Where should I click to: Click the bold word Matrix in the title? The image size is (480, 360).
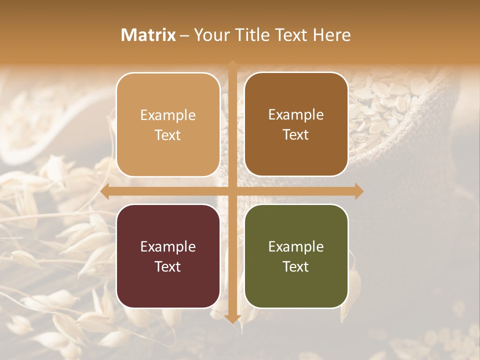click(x=148, y=35)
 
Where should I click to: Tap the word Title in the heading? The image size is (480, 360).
click(x=252, y=35)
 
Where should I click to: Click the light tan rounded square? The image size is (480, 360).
click(x=168, y=124)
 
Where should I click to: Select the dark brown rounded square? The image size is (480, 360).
click(x=296, y=124)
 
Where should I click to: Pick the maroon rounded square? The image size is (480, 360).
click(x=168, y=256)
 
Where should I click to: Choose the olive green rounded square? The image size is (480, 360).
click(x=296, y=256)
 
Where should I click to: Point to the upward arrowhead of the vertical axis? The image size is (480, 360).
click(x=232, y=65)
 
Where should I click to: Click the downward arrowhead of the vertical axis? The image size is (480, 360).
click(x=232, y=318)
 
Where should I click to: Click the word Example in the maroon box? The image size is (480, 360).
click(x=168, y=246)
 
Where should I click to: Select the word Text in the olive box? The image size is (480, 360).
click(x=296, y=266)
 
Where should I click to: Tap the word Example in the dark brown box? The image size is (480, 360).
click(x=296, y=115)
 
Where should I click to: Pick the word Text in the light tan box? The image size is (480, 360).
click(x=168, y=135)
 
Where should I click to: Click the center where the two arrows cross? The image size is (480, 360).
click(x=232, y=191)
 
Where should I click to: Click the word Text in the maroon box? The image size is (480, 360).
click(x=168, y=266)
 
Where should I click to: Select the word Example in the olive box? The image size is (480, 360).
click(x=296, y=246)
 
